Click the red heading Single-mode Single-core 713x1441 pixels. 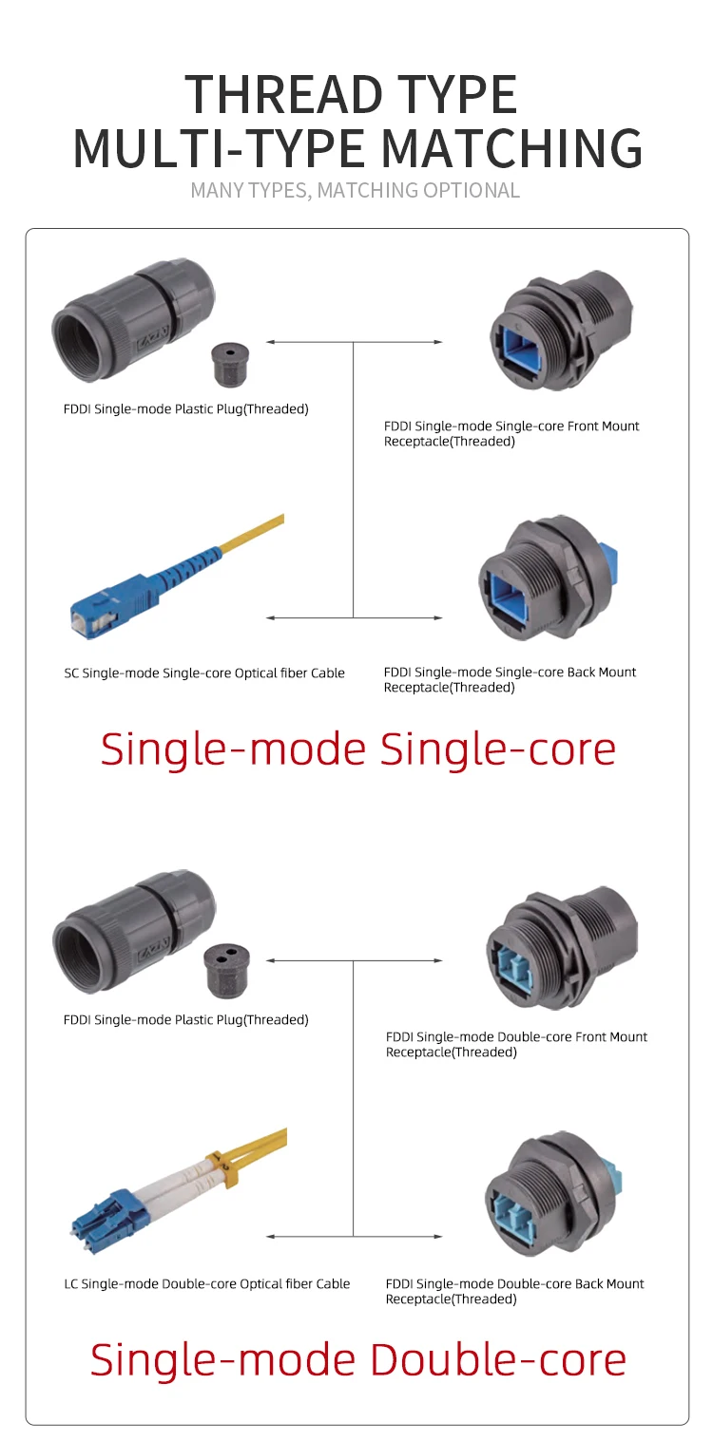pyautogui.click(x=357, y=749)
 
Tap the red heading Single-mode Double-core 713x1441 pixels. pyautogui.click(x=357, y=1359)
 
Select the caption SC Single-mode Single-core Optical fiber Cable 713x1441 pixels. pyautogui.click(x=204, y=673)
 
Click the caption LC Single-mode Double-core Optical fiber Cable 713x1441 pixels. pyautogui.click(x=206, y=1284)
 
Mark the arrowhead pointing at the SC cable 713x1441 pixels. pyautogui.click(x=271, y=617)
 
